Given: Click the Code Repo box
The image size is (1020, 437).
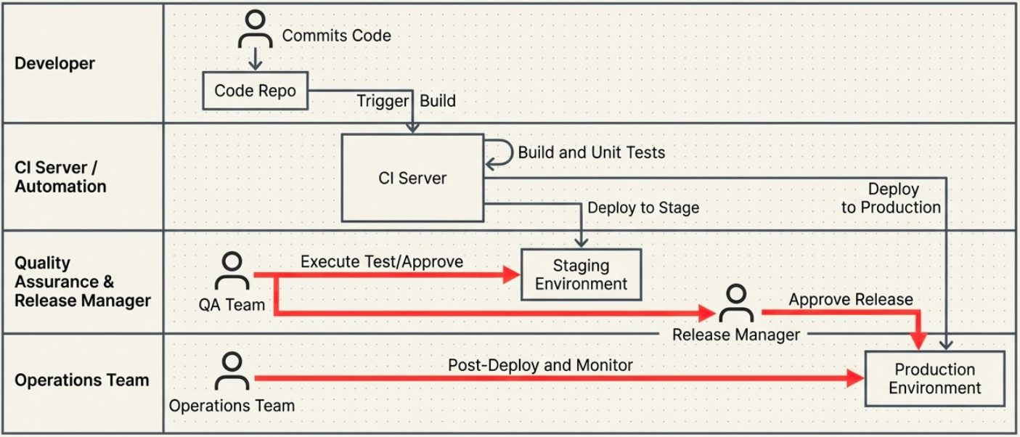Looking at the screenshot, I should click(x=255, y=91).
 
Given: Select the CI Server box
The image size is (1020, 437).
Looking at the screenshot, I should click(x=412, y=178).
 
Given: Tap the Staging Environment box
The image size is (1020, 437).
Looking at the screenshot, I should click(x=582, y=274).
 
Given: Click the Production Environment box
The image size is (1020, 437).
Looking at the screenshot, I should click(x=935, y=379).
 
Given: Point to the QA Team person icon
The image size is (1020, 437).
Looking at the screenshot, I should click(x=232, y=273).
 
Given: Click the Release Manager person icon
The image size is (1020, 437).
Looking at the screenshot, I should click(x=736, y=304).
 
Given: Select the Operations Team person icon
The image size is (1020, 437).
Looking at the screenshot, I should click(x=232, y=372).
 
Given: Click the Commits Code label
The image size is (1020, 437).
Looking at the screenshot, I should click(x=336, y=36).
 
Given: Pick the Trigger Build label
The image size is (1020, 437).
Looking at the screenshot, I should click(x=406, y=101).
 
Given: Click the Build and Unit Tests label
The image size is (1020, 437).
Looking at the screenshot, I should click(x=591, y=152).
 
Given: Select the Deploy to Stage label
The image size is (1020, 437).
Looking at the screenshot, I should click(x=643, y=208).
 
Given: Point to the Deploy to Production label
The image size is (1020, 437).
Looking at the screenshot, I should click(x=892, y=198).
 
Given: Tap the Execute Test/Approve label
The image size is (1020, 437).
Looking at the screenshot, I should click(x=382, y=261).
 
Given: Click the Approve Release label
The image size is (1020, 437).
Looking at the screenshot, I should click(x=851, y=299).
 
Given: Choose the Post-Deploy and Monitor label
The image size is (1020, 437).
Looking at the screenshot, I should click(x=540, y=365).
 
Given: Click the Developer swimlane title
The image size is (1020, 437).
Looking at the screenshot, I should click(x=55, y=63).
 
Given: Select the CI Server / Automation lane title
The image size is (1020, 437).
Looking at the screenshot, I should click(x=61, y=177).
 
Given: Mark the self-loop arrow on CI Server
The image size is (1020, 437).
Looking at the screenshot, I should click(x=499, y=153).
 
